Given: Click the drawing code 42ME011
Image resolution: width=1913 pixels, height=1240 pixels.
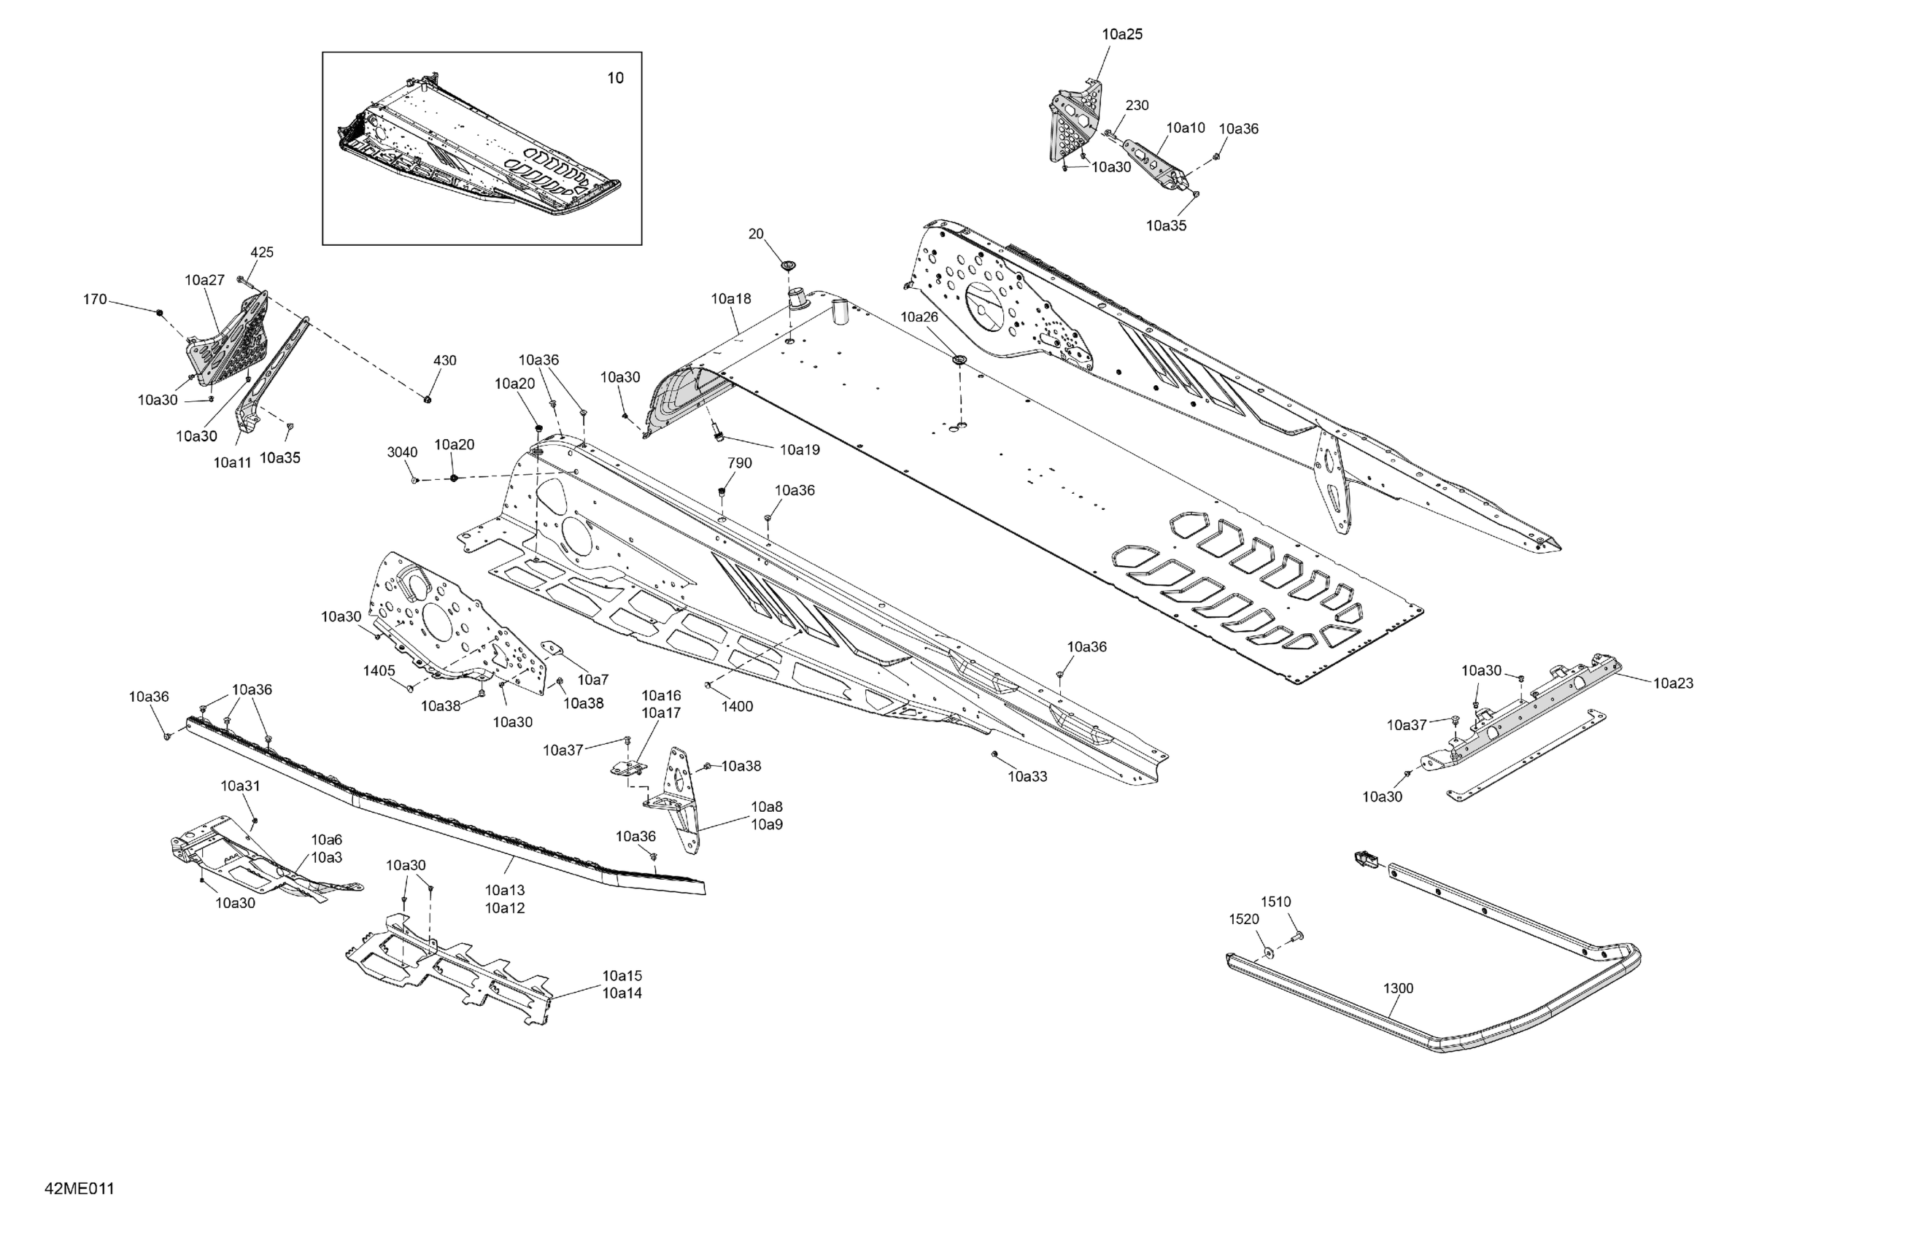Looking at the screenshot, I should point(80,1188).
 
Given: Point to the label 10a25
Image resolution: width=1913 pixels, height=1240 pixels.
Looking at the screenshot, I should point(1121,34).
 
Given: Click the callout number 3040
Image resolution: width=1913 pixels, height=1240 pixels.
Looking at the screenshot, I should point(402,452).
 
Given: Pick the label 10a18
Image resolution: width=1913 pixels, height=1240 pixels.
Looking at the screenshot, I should point(730,299).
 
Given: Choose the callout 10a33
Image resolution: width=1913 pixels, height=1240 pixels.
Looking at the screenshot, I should point(1027,776).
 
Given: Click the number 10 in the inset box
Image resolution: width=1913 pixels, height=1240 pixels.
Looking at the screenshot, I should point(615,78).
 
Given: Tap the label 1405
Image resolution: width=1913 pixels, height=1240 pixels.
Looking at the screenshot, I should point(379,670).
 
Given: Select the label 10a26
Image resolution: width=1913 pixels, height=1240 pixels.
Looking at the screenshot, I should point(919,317).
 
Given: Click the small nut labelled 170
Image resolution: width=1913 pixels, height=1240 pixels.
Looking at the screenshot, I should point(159,311).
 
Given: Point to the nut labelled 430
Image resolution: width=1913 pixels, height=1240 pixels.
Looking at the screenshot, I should point(428,398).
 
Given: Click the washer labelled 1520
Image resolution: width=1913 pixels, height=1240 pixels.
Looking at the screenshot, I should point(1267,953).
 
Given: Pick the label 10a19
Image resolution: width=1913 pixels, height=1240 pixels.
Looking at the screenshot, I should point(800,450).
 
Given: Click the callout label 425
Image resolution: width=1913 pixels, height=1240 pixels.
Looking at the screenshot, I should point(262,252).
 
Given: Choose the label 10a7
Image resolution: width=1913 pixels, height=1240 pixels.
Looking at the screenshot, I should point(593,680).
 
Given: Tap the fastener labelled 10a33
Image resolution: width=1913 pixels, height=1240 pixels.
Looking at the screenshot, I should point(995,753).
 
